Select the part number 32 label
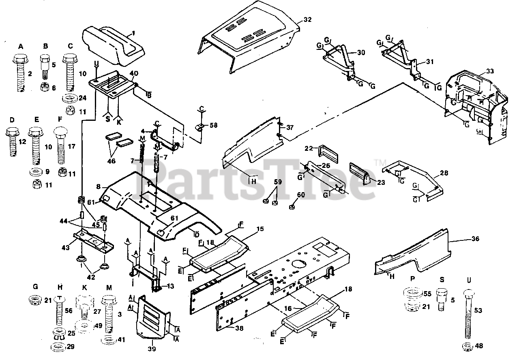[308, 19]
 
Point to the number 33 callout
[490, 71]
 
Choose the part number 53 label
[478, 310]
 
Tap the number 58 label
[213, 125]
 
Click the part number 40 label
[134, 73]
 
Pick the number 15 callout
[260, 229]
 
